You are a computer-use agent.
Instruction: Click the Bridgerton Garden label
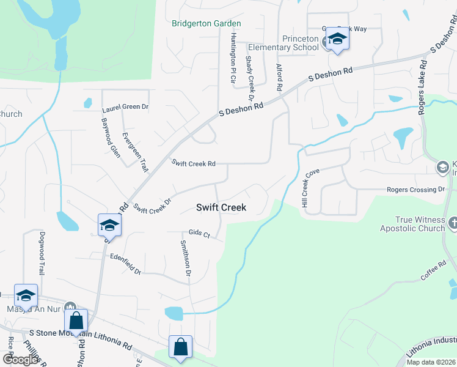[x=206, y=23]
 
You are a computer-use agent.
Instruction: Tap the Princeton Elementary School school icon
[x=336, y=40]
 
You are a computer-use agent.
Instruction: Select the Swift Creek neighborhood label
[x=221, y=207]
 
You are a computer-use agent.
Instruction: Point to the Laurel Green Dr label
[x=125, y=106]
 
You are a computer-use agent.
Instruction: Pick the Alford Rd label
[x=279, y=78]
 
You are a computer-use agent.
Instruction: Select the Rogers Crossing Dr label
[x=415, y=190]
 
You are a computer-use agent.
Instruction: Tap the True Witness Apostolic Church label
[x=412, y=224]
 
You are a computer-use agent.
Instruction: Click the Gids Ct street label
[x=199, y=234]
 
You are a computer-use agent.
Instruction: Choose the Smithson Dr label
[x=185, y=258]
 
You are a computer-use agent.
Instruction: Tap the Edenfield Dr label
[x=125, y=264]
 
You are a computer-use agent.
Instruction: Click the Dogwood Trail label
[x=42, y=253]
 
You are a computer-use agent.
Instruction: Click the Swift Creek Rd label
[x=194, y=163]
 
